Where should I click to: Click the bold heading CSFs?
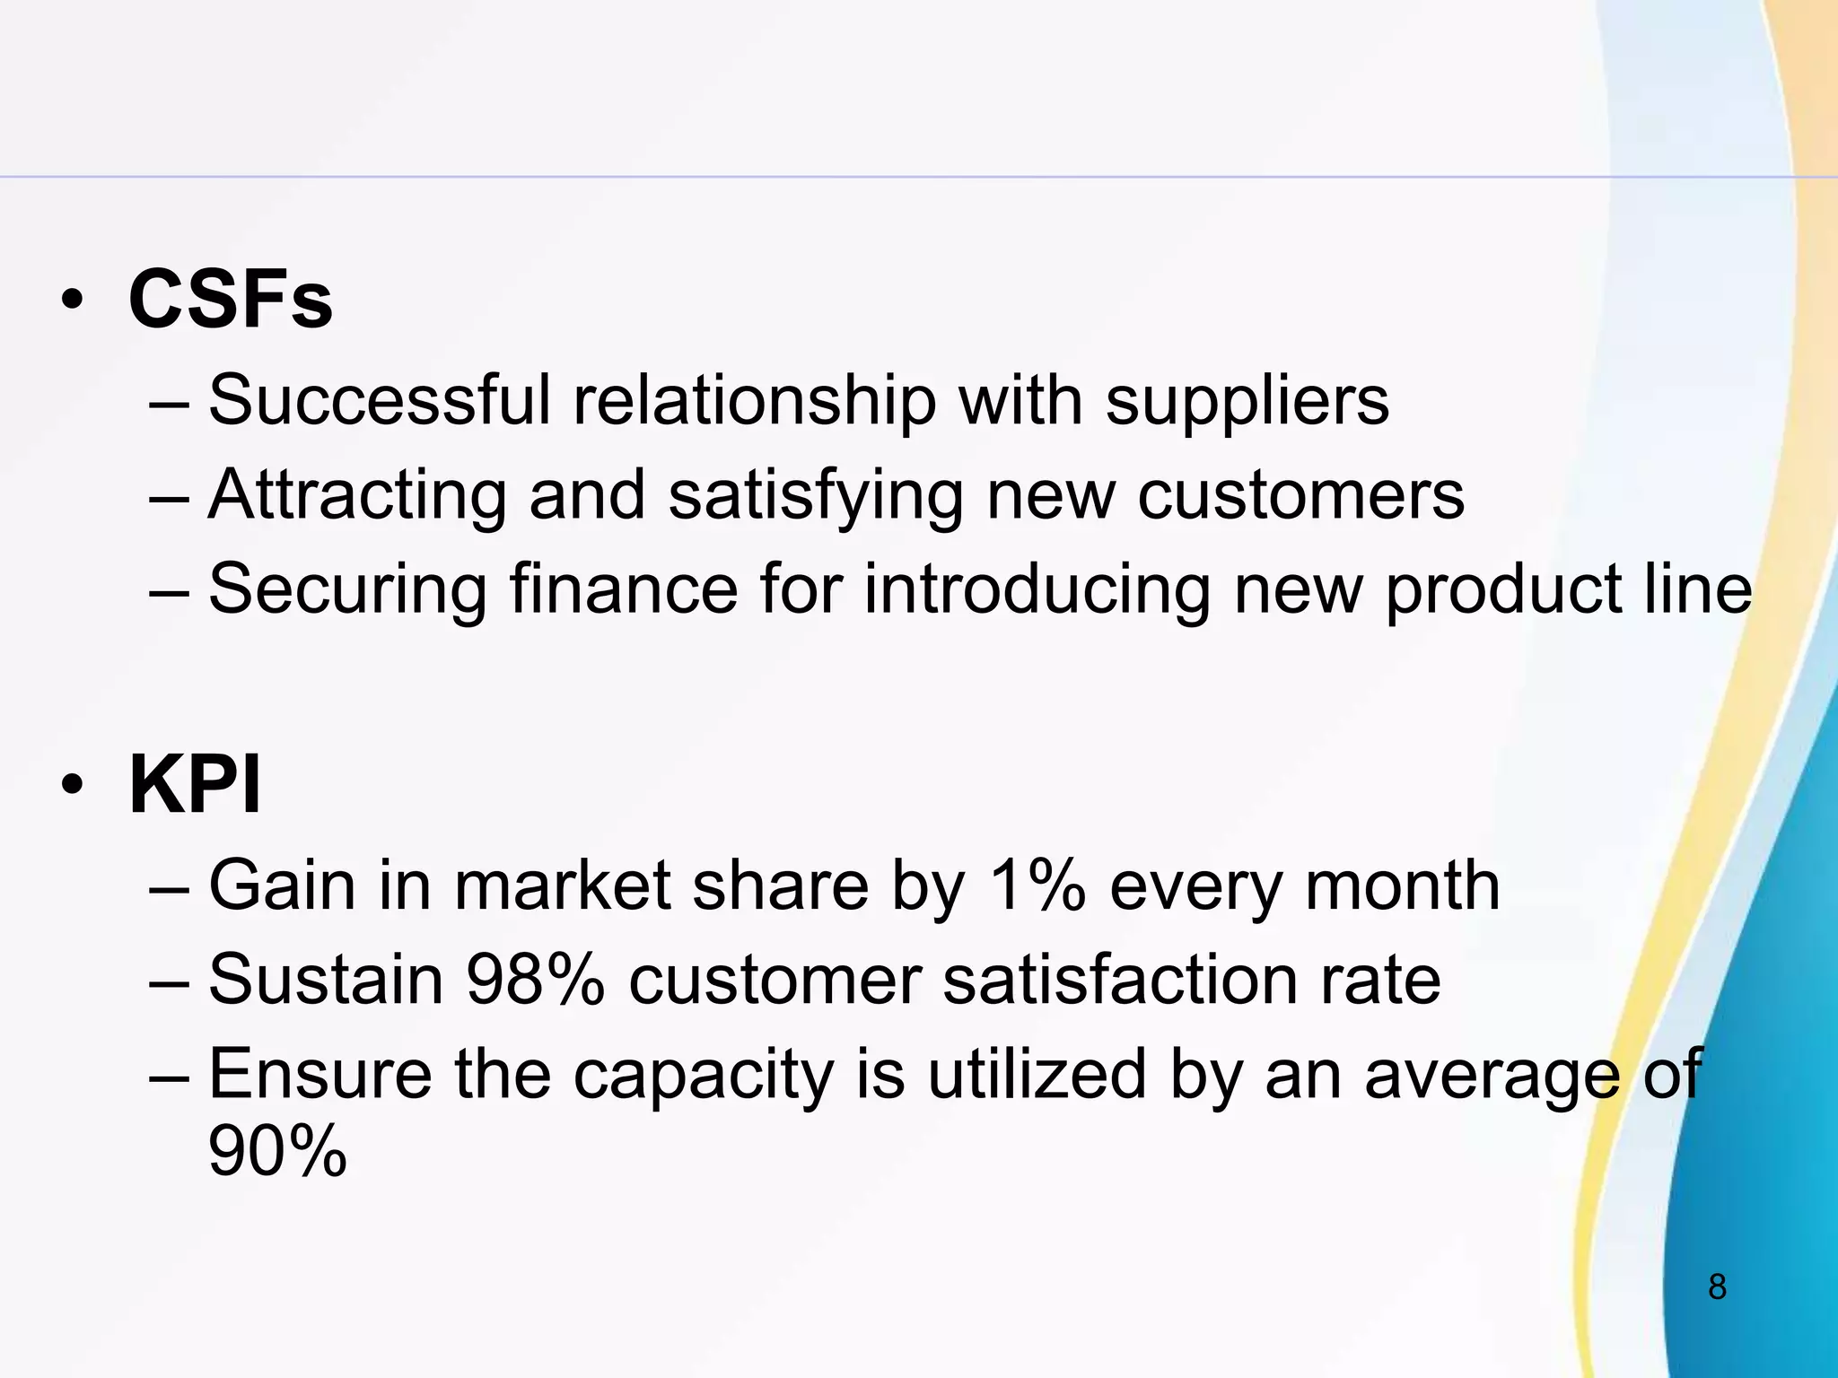tap(231, 299)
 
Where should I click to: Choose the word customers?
tap(1300, 495)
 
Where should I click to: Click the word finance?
tap(624, 589)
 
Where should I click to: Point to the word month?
tap(1402, 885)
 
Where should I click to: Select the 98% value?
tap(535, 980)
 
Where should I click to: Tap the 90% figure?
tap(276, 1151)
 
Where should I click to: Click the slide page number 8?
tap(1717, 1287)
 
